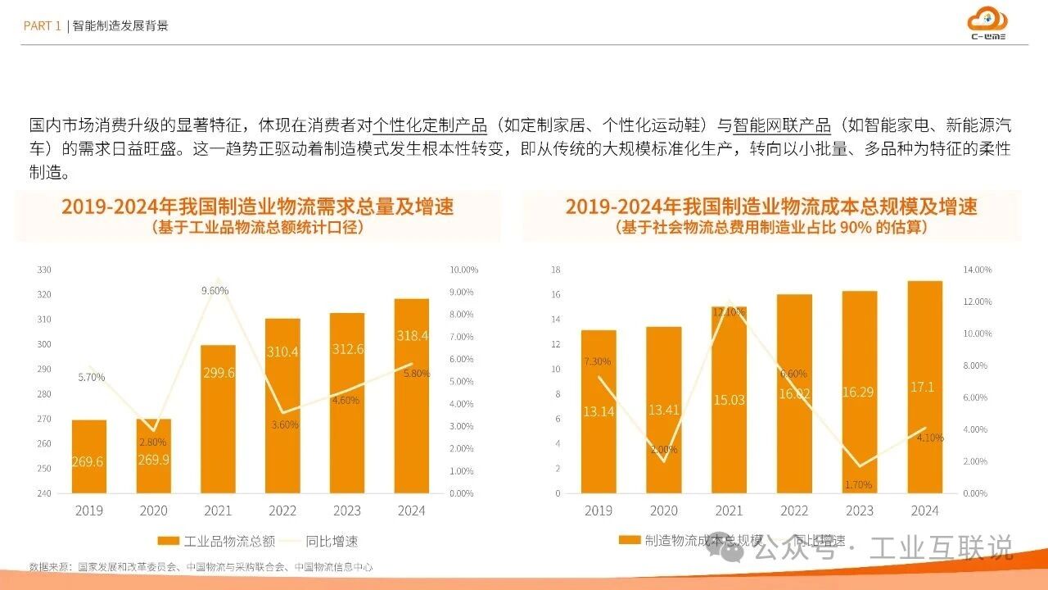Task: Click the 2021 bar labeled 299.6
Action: pyautogui.click(x=218, y=419)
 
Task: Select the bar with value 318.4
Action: pyautogui.click(x=411, y=395)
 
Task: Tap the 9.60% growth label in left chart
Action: pyautogui.click(x=215, y=290)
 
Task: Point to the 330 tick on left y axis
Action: pyautogui.click(x=44, y=270)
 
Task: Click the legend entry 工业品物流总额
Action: pyautogui.click(x=216, y=541)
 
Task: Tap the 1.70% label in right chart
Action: pyautogui.click(x=858, y=484)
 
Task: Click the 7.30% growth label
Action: pyautogui.click(x=597, y=361)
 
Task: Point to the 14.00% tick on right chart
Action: pyautogui.click(x=976, y=270)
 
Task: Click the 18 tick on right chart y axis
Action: pyautogui.click(x=555, y=270)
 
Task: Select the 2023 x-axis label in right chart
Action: pyautogui.click(x=860, y=511)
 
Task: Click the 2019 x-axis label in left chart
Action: pyautogui.click(x=88, y=511)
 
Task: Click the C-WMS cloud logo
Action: pyautogui.click(x=987, y=23)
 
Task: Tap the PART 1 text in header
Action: pyautogui.click(x=42, y=26)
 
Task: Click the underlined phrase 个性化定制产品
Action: pyautogui.click(x=430, y=126)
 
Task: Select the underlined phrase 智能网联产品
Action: pyautogui.click(x=782, y=126)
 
